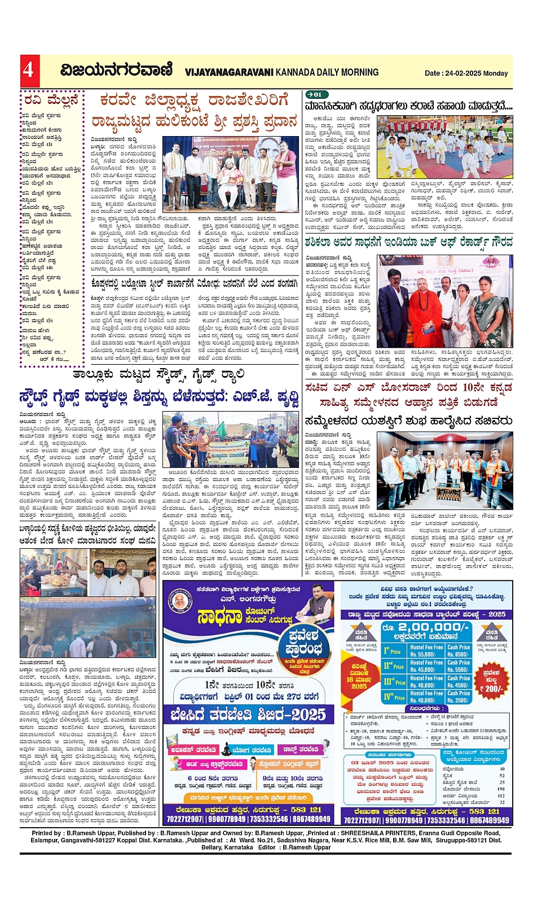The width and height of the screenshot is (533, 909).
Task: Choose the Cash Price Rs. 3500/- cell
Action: tap(458, 700)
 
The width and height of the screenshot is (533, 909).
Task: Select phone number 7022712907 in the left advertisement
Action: tap(184, 819)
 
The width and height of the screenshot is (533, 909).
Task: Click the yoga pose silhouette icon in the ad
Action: tap(226, 750)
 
